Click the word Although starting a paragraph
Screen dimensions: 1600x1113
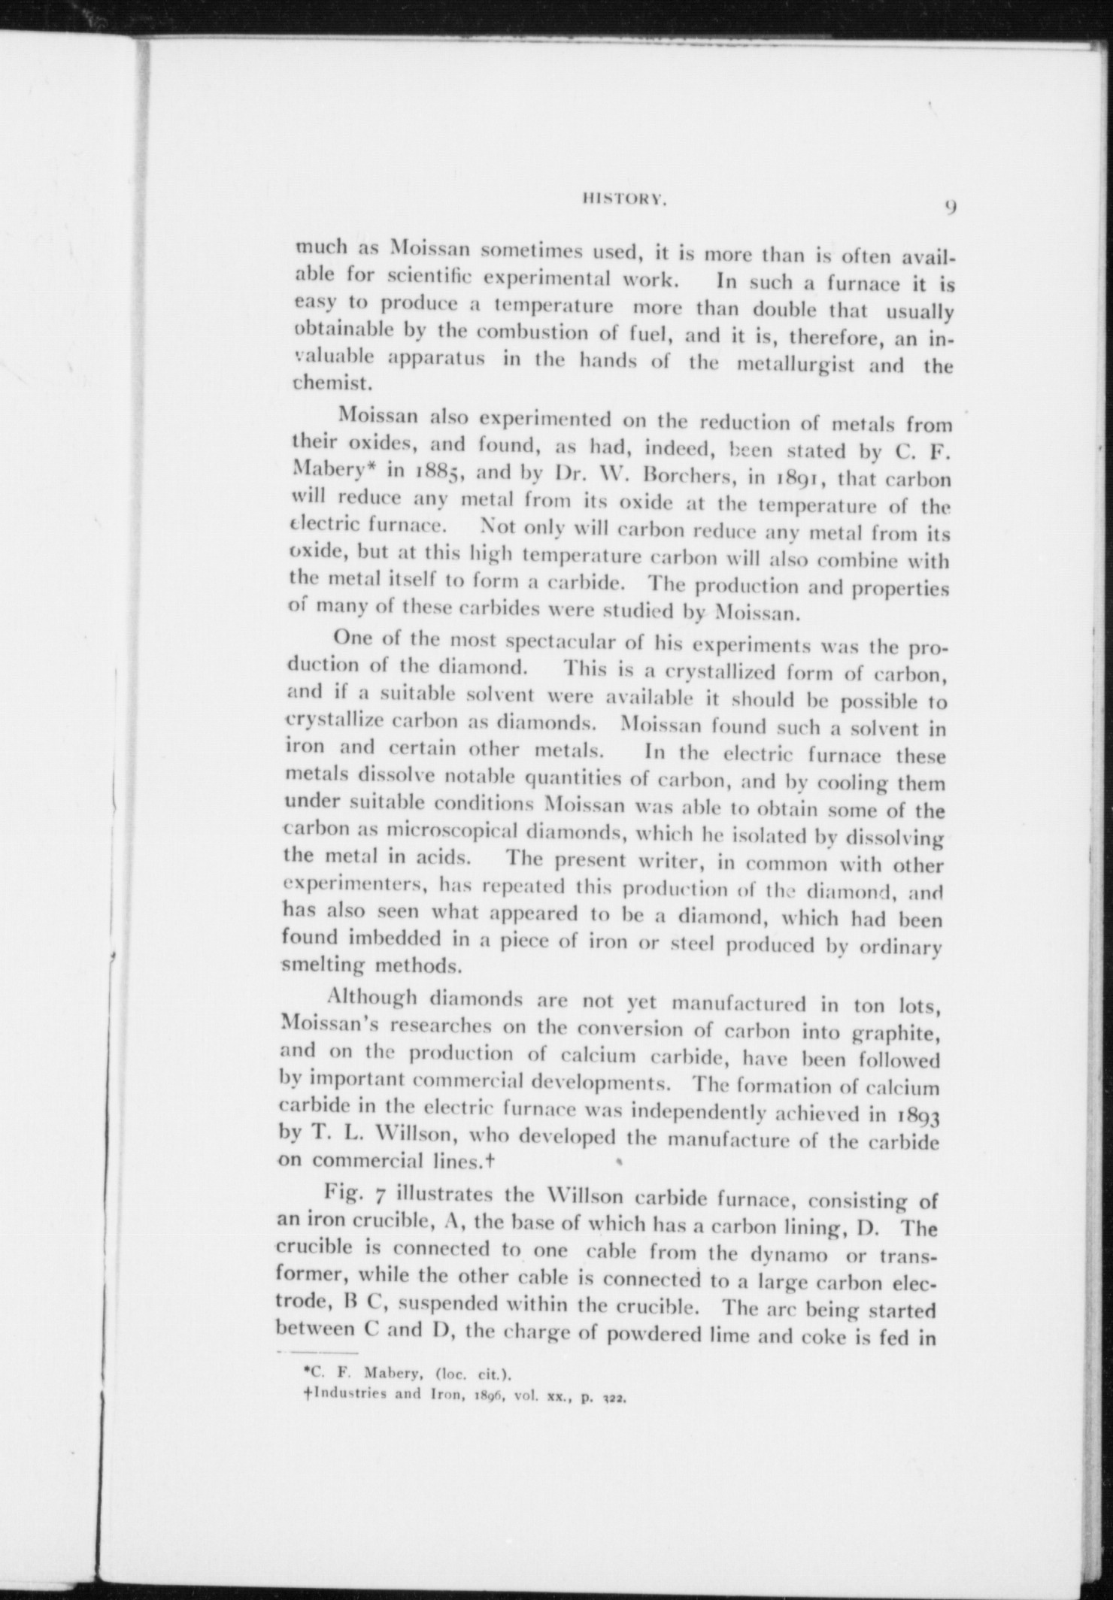[x=372, y=998]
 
